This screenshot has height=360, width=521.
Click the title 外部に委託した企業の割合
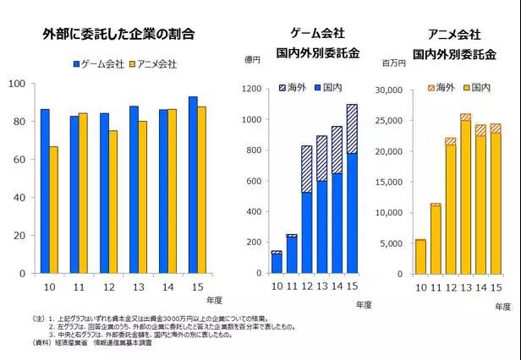pyautogui.click(x=118, y=35)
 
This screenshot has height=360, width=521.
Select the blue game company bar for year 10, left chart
pyautogui.click(x=45, y=191)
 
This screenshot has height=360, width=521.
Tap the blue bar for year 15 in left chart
pyautogui.click(x=193, y=185)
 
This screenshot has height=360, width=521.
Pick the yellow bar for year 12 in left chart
pyautogui.click(x=113, y=202)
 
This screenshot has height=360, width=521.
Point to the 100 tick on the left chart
pyautogui.click(x=16, y=83)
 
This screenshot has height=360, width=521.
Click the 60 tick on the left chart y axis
pyautogui.click(x=19, y=159)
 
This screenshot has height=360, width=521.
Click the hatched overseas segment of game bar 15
pyautogui.click(x=351, y=128)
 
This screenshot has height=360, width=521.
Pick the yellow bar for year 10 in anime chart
pyautogui.click(x=420, y=257)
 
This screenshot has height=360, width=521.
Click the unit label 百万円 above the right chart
pyautogui.click(x=394, y=63)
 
